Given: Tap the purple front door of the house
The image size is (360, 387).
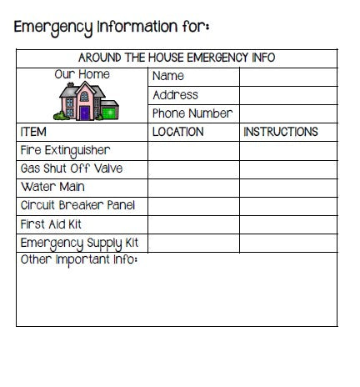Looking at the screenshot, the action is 84,112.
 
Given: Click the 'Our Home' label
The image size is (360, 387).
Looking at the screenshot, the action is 82,75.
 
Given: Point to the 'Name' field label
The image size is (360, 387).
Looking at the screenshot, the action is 168,76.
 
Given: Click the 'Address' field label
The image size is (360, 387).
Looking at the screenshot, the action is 176,95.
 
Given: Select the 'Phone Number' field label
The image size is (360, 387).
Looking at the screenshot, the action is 192,113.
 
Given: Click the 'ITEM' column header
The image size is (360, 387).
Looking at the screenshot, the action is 33,132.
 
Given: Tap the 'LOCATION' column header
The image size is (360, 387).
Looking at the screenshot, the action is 177,132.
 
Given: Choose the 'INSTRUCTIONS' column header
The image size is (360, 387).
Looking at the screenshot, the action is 280,132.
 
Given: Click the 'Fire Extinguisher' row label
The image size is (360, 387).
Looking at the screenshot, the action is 65,151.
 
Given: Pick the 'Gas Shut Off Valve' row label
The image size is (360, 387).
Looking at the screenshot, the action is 71,168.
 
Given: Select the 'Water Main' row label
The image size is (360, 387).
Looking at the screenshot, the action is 52,188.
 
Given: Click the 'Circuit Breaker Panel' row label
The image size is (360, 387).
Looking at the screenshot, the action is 77,206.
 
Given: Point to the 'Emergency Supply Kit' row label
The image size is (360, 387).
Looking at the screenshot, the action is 79,243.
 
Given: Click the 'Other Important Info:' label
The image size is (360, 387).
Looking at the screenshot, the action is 78,260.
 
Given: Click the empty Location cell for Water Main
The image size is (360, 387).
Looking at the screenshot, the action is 193,188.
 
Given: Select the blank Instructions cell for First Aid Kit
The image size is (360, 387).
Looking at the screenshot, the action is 288,224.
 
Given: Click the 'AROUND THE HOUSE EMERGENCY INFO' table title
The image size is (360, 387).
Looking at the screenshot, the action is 177,58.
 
